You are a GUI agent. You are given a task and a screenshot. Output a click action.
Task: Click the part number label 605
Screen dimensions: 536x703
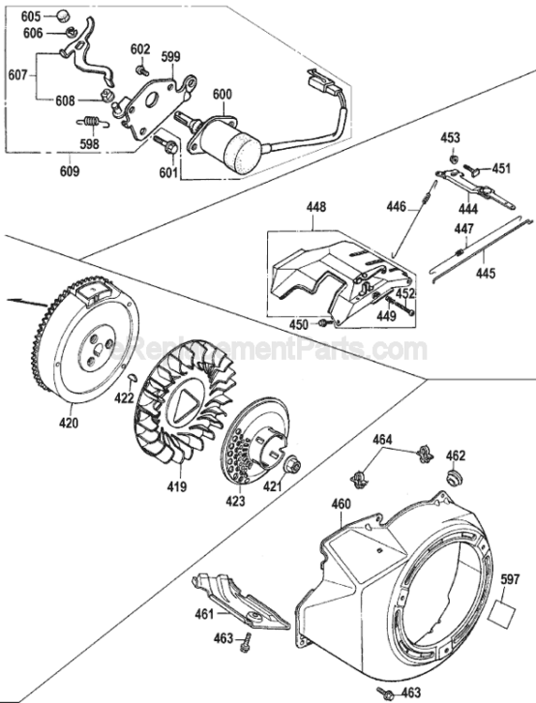[x=31, y=17]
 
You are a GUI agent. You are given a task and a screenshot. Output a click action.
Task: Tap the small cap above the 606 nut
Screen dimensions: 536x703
[x=63, y=16]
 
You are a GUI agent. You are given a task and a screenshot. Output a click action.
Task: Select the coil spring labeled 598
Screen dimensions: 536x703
[x=92, y=121]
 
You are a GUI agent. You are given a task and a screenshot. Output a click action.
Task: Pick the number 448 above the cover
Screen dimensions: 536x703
[x=317, y=207]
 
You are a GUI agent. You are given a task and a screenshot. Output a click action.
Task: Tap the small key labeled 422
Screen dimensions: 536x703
[x=132, y=379]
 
